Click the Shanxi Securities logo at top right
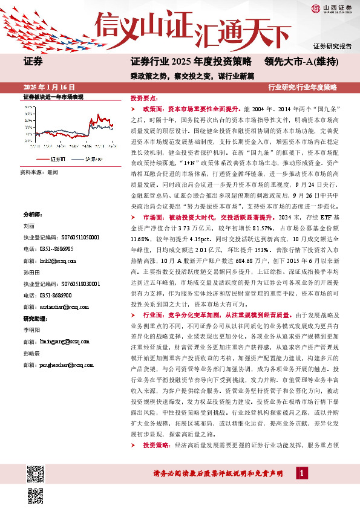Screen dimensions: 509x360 point(332,8)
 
